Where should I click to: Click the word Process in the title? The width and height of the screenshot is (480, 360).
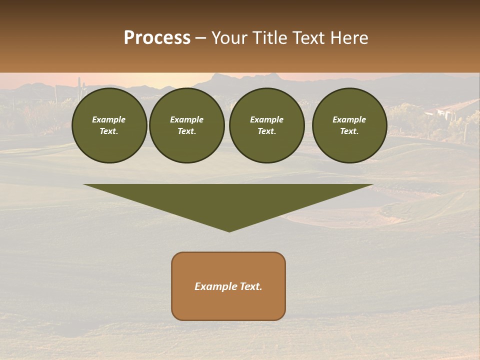coord(157,37)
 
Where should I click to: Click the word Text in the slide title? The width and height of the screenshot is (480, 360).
coord(307,38)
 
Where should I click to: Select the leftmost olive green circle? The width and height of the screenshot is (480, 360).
coord(109,125)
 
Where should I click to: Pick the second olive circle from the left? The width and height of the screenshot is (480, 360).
coord(187,125)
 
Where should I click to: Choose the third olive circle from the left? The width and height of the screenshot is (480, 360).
coord(267,125)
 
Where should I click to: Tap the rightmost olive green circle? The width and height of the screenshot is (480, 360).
coord(349,125)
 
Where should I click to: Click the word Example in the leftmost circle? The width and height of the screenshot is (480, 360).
coord(109,119)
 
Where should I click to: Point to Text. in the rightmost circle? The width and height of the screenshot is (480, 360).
coord(349,131)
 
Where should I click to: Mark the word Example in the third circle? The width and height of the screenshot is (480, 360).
coord(266,119)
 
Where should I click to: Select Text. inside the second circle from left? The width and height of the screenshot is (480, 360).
coord(187,131)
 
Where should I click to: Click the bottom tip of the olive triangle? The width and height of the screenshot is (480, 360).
coord(229,231)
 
